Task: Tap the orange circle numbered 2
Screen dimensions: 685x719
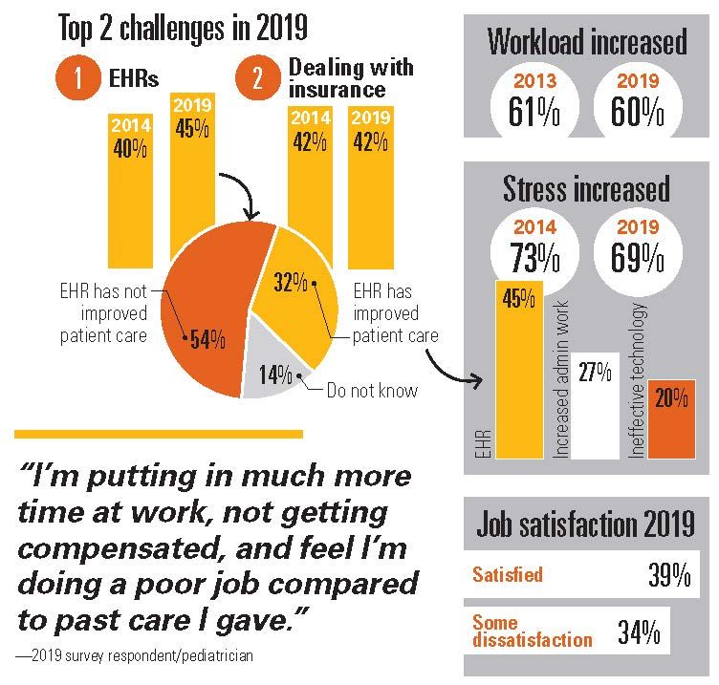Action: pos(257,80)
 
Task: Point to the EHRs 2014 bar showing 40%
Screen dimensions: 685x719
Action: pos(130,191)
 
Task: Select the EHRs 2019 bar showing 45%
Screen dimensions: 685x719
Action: pos(192,172)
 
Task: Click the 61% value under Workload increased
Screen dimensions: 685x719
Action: pos(533,113)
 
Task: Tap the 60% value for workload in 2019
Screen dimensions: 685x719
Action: pos(638,113)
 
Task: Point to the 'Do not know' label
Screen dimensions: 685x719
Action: pos(371,390)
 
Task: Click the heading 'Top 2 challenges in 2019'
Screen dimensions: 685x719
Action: pos(184,28)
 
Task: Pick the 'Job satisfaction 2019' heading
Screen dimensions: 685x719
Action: pos(586,524)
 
